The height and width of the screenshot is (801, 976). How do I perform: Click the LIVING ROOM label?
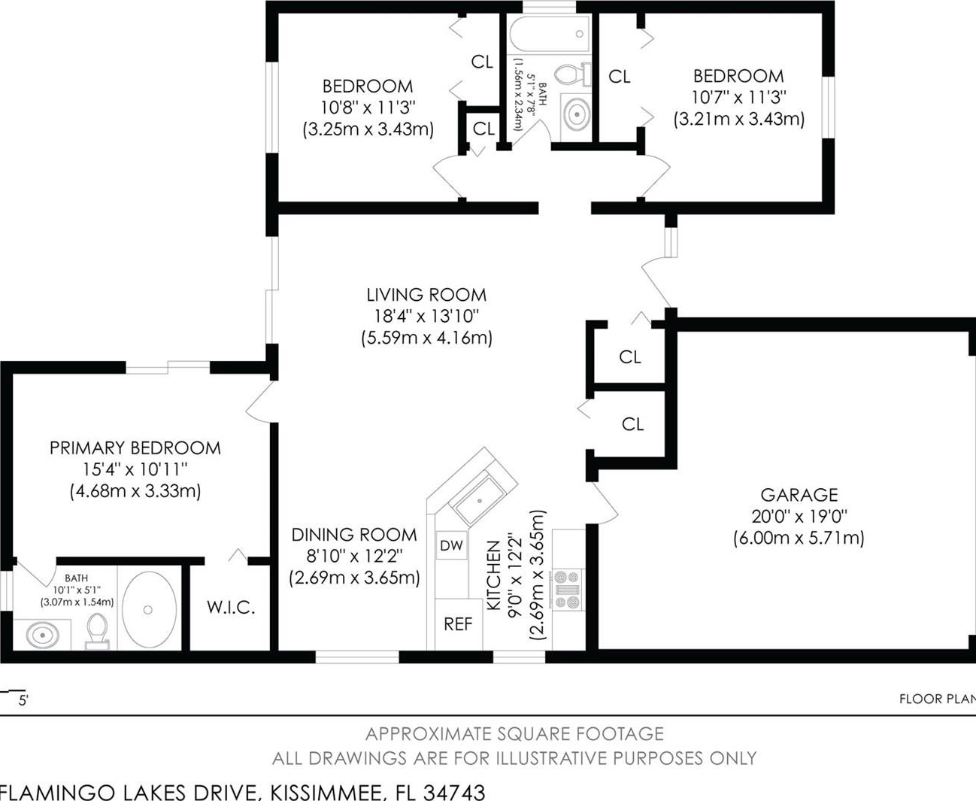pyautogui.click(x=426, y=295)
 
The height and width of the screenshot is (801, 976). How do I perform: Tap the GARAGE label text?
pyautogui.click(x=799, y=495)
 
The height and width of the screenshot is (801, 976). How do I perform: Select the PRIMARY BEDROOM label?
pyautogui.click(x=135, y=448)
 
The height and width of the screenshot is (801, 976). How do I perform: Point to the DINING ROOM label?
pyautogui.click(x=354, y=535)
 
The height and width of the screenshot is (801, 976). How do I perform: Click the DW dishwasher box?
pyautogui.click(x=452, y=545)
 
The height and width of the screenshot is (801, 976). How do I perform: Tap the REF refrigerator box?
pyautogui.click(x=459, y=624)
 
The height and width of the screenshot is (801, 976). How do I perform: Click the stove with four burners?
pyautogui.click(x=568, y=590)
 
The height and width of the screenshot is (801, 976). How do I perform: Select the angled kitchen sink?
pyautogui.click(x=479, y=502)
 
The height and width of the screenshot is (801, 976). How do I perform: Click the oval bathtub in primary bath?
pyautogui.click(x=149, y=609)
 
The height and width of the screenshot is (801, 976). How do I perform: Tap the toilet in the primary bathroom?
pyautogui.click(x=97, y=631)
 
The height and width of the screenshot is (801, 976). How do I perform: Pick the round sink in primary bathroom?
pyautogui.click(x=43, y=635)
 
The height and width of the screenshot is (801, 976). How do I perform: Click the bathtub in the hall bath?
pyautogui.click(x=550, y=35)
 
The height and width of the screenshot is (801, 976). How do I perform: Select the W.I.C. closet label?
pyautogui.click(x=231, y=608)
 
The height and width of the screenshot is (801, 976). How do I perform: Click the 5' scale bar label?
pyautogui.click(x=23, y=700)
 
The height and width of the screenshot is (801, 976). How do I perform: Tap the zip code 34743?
pyautogui.click(x=454, y=792)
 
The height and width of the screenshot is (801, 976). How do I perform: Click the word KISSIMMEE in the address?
pyautogui.click(x=327, y=793)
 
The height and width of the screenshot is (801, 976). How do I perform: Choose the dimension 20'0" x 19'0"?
pyautogui.click(x=799, y=516)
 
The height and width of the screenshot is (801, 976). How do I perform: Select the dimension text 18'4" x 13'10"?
pyautogui.click(x=426, y=316)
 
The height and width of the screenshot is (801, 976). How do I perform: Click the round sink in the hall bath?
pyautogui.click(x=577, y=114)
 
